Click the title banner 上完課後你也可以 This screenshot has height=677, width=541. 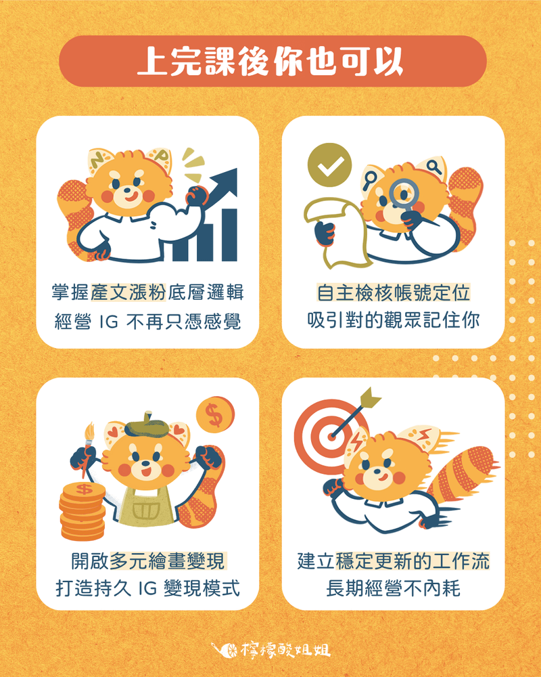(x=270, y=61)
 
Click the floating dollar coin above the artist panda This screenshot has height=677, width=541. (x=214, y=415)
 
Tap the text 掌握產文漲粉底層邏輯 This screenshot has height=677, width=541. (x=147, y=293)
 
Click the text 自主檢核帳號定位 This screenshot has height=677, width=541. (x=394, y=293)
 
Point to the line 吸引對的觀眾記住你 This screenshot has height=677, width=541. (x=394, y=320)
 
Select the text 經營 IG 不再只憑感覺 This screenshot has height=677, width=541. (x=147, y=320)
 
